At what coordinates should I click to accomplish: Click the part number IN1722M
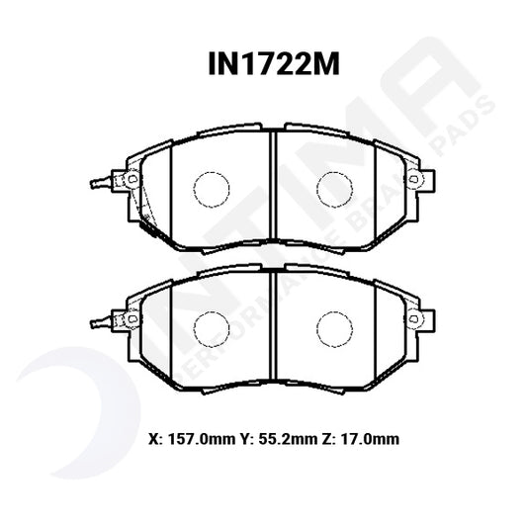pyautogui.click(x=263, y=65)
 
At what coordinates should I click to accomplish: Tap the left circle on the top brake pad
pyautogui.click(x=210, y=189)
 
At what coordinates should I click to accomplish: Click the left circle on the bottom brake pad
pyautogui.click(x=210, y=327)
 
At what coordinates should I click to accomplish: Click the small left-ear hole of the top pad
pyautogui.click(x=128, y=179)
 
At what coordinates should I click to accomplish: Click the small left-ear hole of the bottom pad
pyautogui.click(x=128, y=317)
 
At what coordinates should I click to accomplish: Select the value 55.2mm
pyautogui.click(x=279, y=437)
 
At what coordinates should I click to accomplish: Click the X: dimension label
pyautogui.click(x=153, y=437)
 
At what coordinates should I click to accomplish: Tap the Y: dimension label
pyautogui.click(x=242, y=437)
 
